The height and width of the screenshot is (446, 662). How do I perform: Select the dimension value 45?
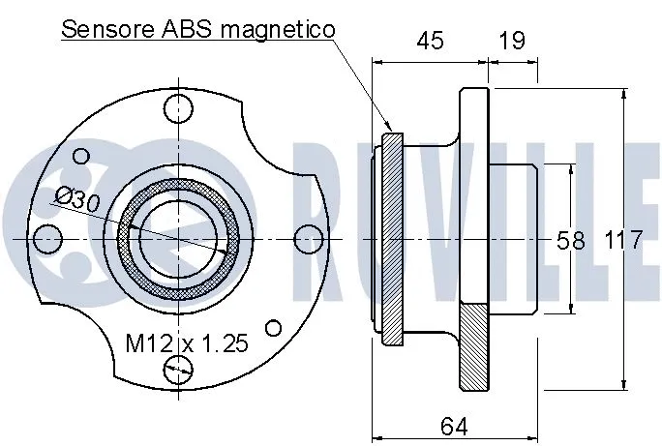tap(430, 41)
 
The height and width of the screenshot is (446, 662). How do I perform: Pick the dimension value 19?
tap(513, 41)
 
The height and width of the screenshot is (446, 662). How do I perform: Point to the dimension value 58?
tap(571, 240)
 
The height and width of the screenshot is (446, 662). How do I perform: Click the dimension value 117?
tap(623, 240)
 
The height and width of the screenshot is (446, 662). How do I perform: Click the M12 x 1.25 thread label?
tap(188, 342)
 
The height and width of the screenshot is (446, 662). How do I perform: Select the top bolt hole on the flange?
tap(177, 110)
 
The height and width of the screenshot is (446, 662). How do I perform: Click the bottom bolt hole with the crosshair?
tap(178, 367)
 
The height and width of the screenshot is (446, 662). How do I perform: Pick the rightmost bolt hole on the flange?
tap(307, 238)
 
